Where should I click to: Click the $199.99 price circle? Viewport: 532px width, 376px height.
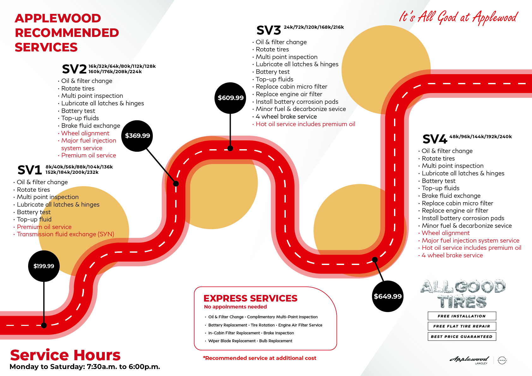44,266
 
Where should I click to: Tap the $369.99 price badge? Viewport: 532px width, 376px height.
137,136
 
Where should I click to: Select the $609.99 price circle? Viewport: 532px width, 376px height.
230,98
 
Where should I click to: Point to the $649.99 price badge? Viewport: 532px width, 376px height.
388,296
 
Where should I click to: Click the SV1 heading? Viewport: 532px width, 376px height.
30,170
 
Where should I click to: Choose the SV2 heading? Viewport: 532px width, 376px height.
74,69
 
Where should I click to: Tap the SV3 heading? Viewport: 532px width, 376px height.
269,31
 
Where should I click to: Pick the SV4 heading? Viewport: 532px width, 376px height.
435,139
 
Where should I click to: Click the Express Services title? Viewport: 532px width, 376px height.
250,298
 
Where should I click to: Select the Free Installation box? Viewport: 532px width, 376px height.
462,316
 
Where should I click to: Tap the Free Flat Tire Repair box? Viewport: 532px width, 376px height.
462,326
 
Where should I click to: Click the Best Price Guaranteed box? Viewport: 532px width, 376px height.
462,337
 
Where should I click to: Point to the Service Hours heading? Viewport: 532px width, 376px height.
65,355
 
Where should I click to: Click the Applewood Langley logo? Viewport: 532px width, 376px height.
469,360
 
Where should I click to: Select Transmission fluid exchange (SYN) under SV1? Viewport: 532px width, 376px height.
65,234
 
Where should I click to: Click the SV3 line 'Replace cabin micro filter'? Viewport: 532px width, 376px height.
291,87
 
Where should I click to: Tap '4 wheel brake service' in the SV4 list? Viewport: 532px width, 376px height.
452,256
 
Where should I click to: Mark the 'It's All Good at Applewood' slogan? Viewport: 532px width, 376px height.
458,17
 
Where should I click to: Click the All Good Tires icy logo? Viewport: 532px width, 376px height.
463,294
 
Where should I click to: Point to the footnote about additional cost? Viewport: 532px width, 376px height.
260,358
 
